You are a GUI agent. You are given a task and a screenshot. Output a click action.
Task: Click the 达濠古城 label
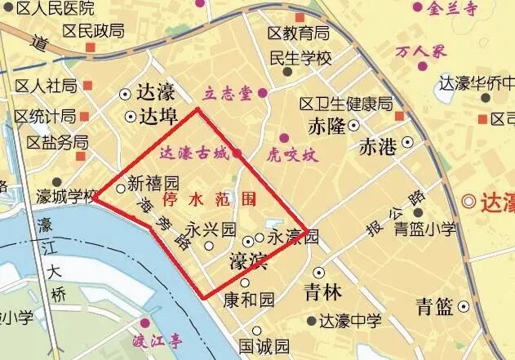coord(193,153)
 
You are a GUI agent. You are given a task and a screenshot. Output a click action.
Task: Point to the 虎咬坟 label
coord(291,153)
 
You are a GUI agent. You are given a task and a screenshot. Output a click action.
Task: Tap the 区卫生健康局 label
coord(346,104)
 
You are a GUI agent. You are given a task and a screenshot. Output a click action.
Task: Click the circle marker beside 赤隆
coord(354,126)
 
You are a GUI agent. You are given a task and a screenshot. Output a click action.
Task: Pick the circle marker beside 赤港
coord(406,141)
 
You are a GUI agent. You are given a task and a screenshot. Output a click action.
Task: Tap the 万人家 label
coord(423,51)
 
